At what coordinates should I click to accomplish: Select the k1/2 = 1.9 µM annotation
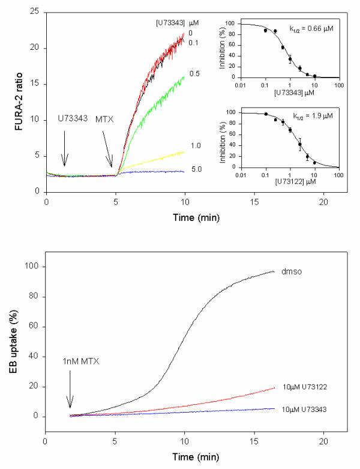click(x=306, y=113)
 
